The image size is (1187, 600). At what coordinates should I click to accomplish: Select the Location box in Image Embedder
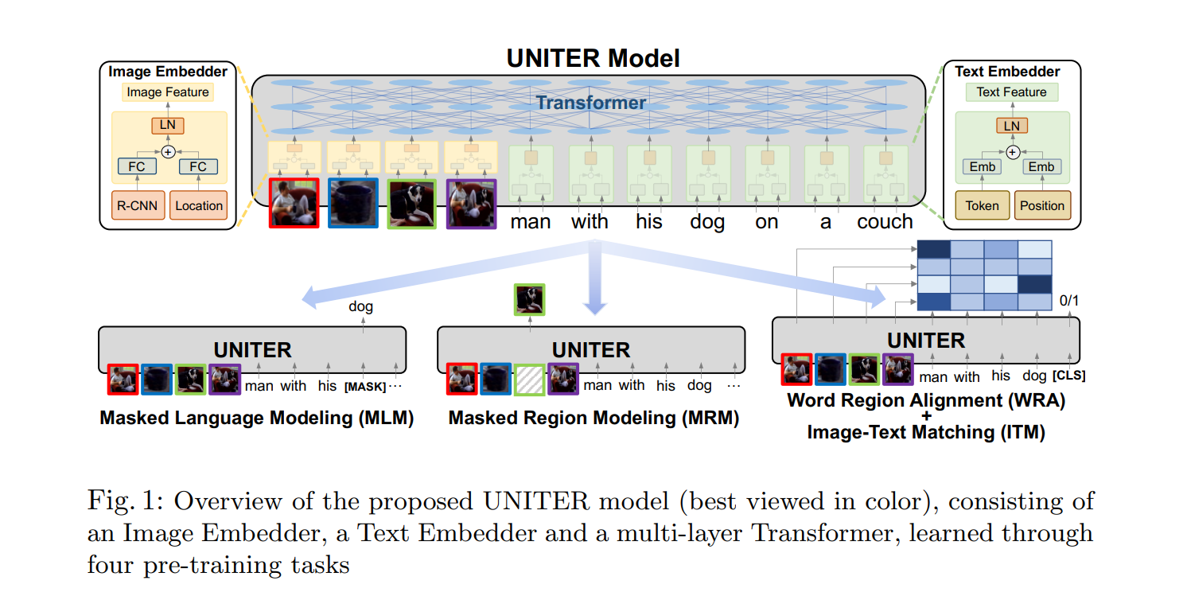pyautogui.click(x=198, y=205)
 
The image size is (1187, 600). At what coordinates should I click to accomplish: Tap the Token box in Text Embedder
pyautogui.click(x=982, y=205)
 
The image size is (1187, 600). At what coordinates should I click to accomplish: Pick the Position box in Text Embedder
pyautogui.click(x=1041, y=205)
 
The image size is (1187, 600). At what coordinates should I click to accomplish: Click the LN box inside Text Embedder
pyautogui.click(x=1011, y=126)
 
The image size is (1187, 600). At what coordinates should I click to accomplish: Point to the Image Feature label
pyautogui.click(x=168, y=92)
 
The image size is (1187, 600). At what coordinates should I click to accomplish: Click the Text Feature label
pyautogui.click(x=1011, y=92)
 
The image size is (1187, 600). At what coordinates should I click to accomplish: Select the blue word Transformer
pyautogui.click(x=590, y=103)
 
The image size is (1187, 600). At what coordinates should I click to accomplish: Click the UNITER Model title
pyautogui.click(x=593, y=58)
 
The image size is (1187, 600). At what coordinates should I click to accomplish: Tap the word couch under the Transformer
pyautogui.click(x=885, y=221)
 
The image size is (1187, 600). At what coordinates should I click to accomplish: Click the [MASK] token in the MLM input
pyautogui.click(x=364, y=387)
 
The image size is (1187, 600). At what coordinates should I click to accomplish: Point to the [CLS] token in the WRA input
pyautogui.click(x=1068, y=376)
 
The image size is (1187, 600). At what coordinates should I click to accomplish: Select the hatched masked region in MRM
pyautogui.click(x=529, y=380)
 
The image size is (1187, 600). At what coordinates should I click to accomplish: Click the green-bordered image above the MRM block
pyautogui.click(x=529, y=300)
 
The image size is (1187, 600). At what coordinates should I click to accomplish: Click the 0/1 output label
pyautogui.click(x=1069, y=301)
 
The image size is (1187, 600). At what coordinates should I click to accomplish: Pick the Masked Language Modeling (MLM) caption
pyautogui.click(x=256, y=418)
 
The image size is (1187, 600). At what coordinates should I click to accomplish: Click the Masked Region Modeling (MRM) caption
pyautogui.click(x=593, y=418)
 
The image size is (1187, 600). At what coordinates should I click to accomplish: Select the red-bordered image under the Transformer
pyautogui.click(x=294, y=203)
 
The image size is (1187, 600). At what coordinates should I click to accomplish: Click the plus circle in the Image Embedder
pyautogui.click(x=168, y=151)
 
